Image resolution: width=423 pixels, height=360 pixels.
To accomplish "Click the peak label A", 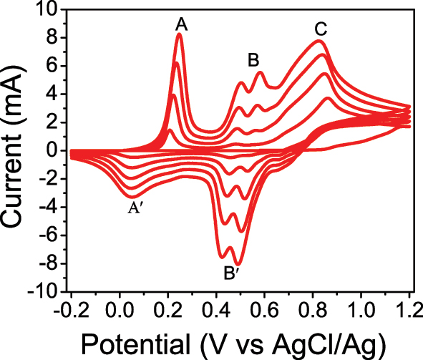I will coord(182,25).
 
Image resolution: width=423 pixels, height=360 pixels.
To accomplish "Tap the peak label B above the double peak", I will coord(253,60).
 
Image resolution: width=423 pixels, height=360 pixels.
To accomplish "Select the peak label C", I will coord(321,29).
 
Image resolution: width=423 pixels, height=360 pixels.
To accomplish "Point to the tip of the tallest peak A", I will coord(180,34).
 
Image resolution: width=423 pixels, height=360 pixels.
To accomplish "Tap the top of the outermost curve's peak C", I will coord(319,41).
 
